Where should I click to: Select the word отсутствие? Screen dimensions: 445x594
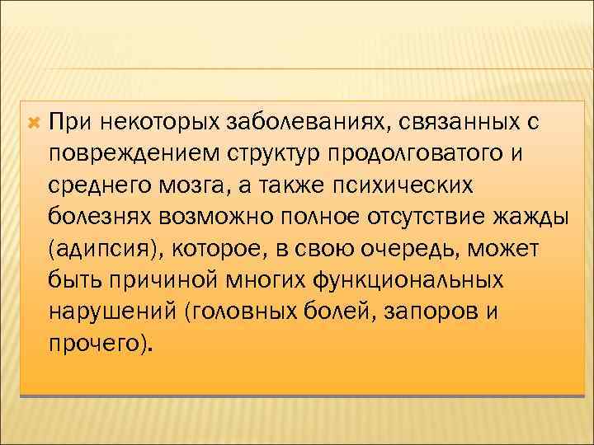tap(441, 217)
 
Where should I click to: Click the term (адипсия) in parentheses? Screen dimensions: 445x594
tap(97, 248)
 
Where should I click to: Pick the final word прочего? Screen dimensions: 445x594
tap(99, 342)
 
